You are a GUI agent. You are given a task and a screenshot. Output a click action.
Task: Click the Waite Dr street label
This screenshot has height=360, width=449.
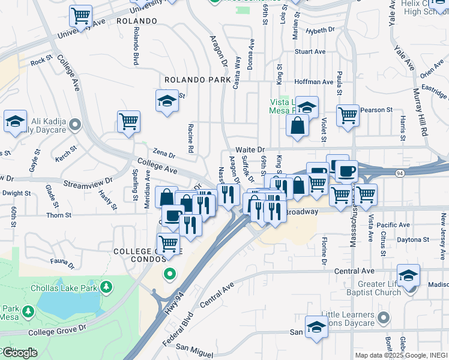250,149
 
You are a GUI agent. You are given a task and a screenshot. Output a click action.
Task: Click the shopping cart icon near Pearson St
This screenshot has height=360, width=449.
348,115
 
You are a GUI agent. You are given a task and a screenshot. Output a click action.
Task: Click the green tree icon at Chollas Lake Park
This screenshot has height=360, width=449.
106,287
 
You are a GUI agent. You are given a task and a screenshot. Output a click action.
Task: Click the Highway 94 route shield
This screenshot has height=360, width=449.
399,173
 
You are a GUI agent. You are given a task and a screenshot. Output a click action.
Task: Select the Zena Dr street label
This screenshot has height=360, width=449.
163,154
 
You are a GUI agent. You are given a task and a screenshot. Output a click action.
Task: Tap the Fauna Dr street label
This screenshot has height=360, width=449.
62,262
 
